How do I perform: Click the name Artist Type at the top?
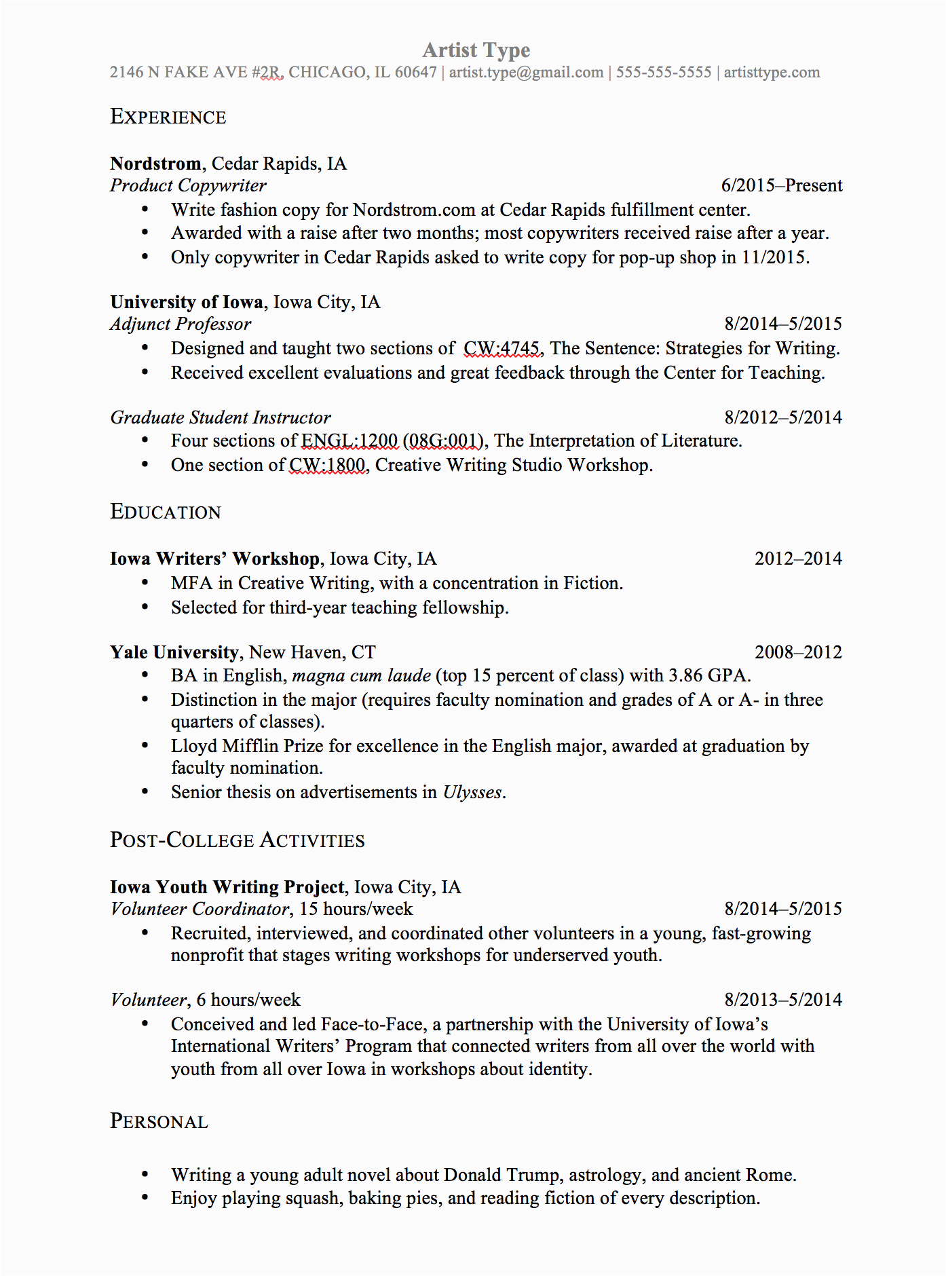(476, 50)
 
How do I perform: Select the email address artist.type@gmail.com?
(526, 73)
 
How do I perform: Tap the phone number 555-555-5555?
(663, 73)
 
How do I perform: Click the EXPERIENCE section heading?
(168, 117)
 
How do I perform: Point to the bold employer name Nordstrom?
(155, 164)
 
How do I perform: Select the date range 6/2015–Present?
(781, 185)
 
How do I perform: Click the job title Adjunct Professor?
(181, 324)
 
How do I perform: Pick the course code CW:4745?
(502, 348)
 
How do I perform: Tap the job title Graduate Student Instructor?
(221, 417)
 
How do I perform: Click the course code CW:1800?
(327, 465)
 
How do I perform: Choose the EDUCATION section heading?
(166, 512)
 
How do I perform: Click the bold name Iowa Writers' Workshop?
(214, 559)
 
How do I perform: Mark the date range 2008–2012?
(798, 652)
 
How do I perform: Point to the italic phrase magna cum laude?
(361, 675)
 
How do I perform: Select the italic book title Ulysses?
(472, 792)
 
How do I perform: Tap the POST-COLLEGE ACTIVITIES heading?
(238, 840)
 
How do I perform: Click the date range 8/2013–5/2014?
(782, 1000)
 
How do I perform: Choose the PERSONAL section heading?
(159, 1121)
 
